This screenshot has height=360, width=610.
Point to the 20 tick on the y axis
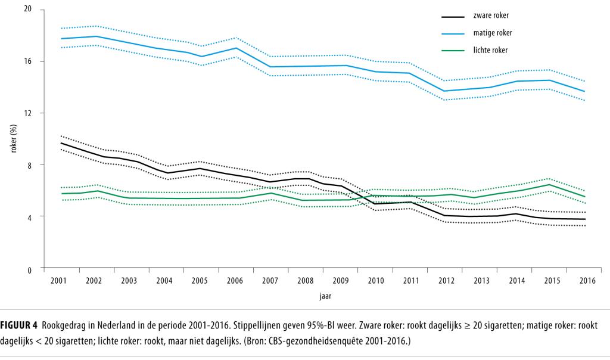point(28,10)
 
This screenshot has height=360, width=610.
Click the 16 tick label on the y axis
point(28,61)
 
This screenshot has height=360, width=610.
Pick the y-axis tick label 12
point(28,113)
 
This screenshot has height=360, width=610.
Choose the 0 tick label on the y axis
point(30,269)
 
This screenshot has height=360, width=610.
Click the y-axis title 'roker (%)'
point(13,140)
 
